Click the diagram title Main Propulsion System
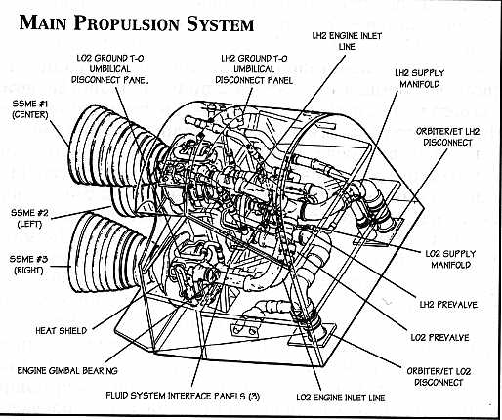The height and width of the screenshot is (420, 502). pyautogui.click(x=137, y=23)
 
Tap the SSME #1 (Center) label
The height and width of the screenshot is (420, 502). pyautogui.click(x=30, y=109)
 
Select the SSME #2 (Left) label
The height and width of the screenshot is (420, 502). pyautogui.click(x=29, y=219)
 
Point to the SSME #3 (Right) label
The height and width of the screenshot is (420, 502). pyautogui.click(x=28, y=265)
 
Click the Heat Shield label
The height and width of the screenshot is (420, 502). pyautogui.click(x=62, y=331)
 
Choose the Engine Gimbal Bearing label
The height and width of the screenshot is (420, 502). pyautogui.click(x=67, y=371)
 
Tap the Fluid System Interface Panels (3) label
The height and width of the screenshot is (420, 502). pyautogui.click(x=183, y=396)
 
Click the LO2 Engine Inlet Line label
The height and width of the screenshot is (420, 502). pyautogui.click(x=341, y=398)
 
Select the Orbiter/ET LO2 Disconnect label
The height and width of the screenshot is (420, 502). pyautogui.click(x=439, y=377)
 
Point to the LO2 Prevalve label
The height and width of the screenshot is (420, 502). pyautogui.click(x=439, y=337)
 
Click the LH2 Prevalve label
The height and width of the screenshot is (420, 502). pyautogui.click(x=448, y=305)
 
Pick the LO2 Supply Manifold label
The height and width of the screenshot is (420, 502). pyautogui.click(x=450, y=259)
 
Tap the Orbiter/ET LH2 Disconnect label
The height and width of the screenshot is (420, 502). pyautogui.click(x=447, y=137)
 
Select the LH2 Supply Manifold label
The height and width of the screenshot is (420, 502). pyautogui.click(x=420, y=78)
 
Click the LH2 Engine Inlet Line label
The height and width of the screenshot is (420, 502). pyautogui.click(x=347, y=41)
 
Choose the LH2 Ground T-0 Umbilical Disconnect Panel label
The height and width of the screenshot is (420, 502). pyautogui.click(x=254, y=69)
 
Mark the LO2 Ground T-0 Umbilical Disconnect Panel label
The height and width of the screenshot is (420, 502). pyautogui.click(x=110, y=69)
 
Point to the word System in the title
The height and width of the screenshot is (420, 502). pyautogui.click(x=221, y=23)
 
